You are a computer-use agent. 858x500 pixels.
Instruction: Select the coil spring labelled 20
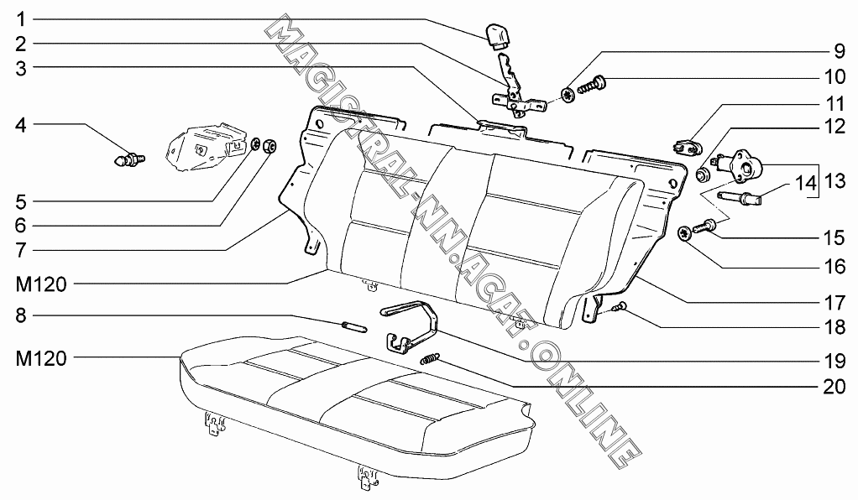coord(430,359)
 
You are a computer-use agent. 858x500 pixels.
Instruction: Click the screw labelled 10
coord(593,83)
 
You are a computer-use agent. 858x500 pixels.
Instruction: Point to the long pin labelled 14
coord(739,199)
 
